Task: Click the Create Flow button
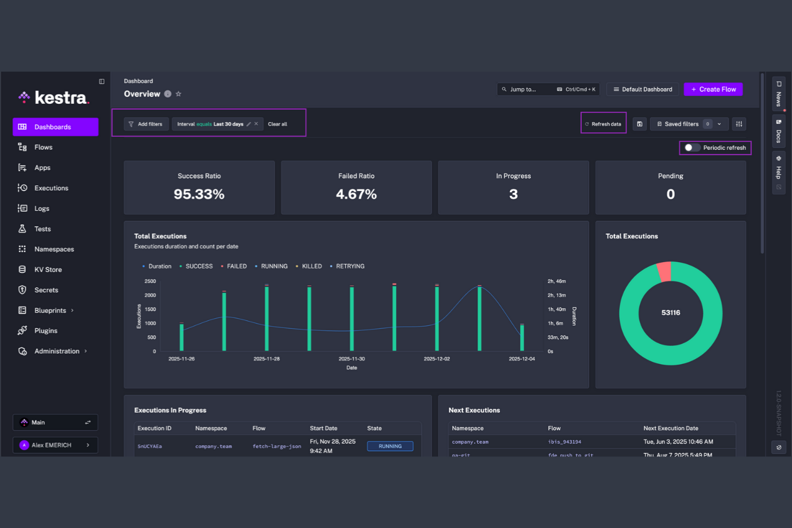point(713,89)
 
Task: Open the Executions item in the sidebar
point(51,188)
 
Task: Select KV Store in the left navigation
point(48,270)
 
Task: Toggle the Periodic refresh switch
point(692,148)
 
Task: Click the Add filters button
point(146,124)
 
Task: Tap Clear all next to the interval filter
point(277,124)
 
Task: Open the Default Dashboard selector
point(642,89)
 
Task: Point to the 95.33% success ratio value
point(199,194)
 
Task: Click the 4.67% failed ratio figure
point(356,194)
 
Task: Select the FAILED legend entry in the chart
point(236,266)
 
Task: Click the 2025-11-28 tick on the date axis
point(266,359)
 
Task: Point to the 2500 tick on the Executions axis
point(150,281)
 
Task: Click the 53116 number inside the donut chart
point(671,313)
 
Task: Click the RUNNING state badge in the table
point(390,446)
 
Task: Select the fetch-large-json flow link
point(277,446)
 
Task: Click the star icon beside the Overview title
point(179,94)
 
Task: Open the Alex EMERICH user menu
point(55,445)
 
